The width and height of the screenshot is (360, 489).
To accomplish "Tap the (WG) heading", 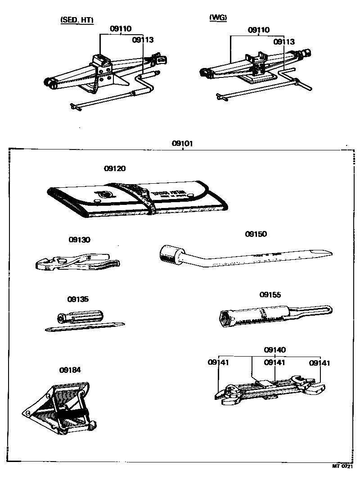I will (x=218, y=18).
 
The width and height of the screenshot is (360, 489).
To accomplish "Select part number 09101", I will (x=182, y=144).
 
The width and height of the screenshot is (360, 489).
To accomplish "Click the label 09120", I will (x=115, y=168).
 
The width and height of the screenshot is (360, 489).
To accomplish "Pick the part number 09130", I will (x=79, y=240).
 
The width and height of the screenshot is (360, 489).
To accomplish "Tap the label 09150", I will (x=256, y=234).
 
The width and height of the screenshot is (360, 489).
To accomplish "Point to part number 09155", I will (x=270, y=295).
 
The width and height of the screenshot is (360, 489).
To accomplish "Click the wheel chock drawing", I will (x=63, y=407).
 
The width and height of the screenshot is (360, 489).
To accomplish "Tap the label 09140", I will (x=274, y=350).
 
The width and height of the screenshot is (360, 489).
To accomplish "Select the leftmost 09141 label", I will (x=219, y=362).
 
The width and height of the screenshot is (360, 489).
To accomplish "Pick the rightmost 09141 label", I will (x=319, y=362).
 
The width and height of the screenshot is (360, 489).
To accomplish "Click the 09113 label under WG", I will (x=284, y=42).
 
